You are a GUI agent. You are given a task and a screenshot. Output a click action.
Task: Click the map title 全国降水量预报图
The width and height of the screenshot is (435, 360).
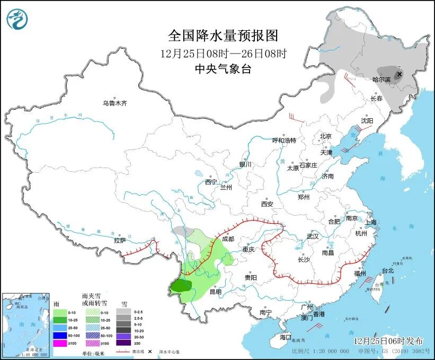tap(223, 36)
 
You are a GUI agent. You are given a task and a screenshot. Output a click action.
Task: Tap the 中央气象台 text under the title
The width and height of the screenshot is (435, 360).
tap(223, 68)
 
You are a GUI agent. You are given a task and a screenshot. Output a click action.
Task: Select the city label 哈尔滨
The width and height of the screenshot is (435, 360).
tap(381, 80)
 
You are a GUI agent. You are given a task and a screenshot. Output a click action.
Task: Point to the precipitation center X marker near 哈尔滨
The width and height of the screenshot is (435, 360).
tap(398, 75)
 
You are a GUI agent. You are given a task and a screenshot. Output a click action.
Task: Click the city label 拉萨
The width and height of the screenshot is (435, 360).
tap(120, 240)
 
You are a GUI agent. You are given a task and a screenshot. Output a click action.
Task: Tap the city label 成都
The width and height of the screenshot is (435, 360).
tap(228, 239)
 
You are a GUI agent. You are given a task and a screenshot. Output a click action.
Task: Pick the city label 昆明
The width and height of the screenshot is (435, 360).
tap(216, 291)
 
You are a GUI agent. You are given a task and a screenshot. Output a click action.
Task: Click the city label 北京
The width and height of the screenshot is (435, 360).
tap(325, 136)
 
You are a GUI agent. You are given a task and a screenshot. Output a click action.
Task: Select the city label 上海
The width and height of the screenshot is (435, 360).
tap(370, 222)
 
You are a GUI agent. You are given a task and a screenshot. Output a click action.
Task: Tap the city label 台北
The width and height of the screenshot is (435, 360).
tap(388, 270)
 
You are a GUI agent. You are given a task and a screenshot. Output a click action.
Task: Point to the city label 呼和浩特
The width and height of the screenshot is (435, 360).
tap(284, 141)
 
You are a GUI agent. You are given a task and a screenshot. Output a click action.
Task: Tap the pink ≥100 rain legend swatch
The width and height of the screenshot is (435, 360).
tap(59, 343)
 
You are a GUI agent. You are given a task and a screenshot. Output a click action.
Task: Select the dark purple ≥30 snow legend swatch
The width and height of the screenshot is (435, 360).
tap(124, 343)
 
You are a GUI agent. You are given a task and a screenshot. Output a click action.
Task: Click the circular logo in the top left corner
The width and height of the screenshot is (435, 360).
tap(17, 20)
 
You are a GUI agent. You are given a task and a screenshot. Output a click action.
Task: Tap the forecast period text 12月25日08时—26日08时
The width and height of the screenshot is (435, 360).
tap(223, 53)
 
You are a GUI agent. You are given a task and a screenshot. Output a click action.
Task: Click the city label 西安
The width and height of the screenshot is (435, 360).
tap(267, 204)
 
